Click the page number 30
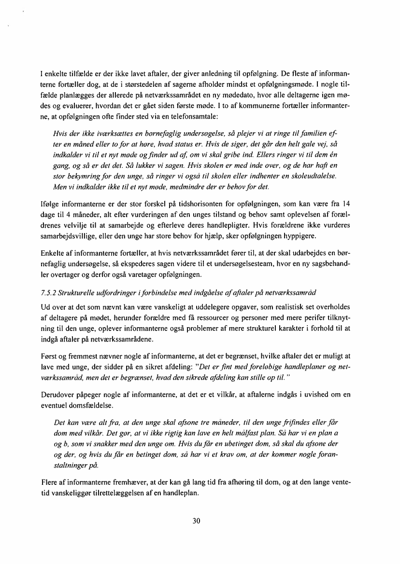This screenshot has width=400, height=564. point(196,521)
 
